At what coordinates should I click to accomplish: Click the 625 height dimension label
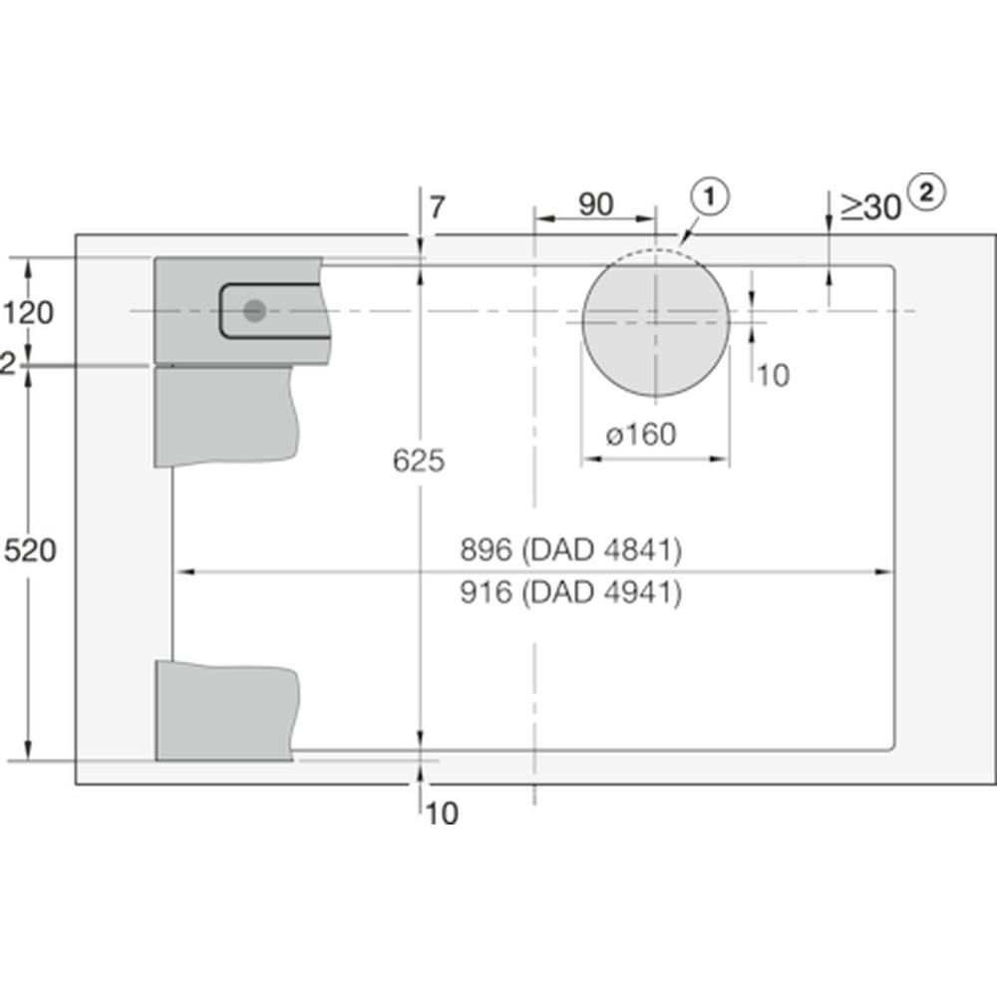point(419,461)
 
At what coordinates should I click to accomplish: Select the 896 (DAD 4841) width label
point(570,549)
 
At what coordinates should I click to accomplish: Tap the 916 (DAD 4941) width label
point(570,592)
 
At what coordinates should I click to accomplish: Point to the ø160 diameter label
point(641,435)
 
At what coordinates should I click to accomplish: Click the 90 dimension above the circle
point(596,204)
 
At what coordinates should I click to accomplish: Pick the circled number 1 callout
point(710,196)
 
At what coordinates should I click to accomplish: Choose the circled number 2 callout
point(926,192)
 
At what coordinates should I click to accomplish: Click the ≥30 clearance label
point(871,206)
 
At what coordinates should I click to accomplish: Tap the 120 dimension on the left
point(28,313)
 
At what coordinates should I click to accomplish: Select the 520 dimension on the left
point(30,550)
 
